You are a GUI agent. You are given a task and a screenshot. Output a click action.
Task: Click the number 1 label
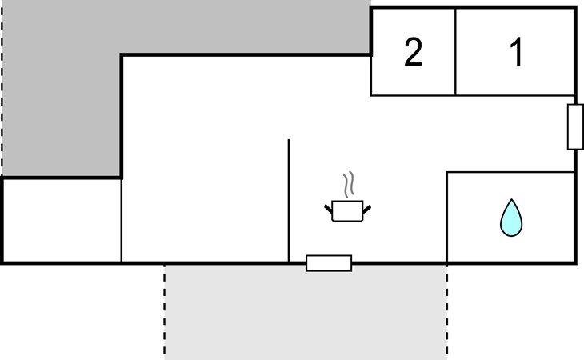517,52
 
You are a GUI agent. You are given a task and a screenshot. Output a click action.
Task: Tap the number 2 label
414,52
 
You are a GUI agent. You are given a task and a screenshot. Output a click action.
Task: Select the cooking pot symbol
347,210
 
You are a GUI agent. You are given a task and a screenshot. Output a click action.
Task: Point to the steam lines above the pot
349,185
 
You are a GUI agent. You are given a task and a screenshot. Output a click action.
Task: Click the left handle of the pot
328,209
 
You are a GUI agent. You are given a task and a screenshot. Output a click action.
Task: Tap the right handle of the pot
367,210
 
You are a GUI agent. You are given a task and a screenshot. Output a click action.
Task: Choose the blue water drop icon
511,218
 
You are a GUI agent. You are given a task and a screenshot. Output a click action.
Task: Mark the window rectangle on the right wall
575,127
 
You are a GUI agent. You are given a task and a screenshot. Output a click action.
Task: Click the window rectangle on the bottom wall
329,263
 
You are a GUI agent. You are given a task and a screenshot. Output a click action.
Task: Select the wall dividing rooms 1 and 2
455,52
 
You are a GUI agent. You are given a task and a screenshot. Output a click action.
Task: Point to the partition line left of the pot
289,200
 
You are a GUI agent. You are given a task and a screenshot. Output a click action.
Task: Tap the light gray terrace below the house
306,312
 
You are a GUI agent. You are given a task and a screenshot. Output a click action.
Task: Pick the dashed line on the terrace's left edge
165,312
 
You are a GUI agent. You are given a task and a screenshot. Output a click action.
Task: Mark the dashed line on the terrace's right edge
447,312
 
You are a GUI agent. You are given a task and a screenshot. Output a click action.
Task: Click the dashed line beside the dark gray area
2,90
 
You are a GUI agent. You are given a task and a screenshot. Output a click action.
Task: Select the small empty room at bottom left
62,220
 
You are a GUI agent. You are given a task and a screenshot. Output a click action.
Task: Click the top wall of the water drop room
510,172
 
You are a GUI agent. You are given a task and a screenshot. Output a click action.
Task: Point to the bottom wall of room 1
514,96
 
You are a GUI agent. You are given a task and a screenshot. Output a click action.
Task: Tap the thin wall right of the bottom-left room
122,220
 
